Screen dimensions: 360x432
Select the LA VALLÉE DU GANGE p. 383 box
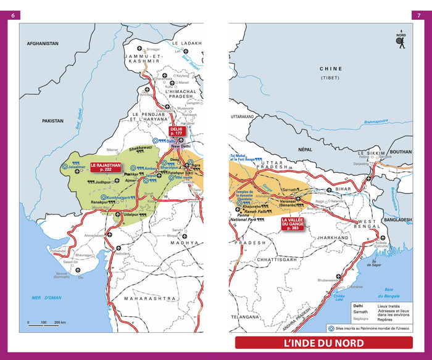tap(293, 224)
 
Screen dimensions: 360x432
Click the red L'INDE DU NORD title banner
tap(323, 343)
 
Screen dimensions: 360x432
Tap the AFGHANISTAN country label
tap(42, 44)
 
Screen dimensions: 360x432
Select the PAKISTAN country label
tap(54, 122)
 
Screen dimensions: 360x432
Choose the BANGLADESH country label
tap(397, 219)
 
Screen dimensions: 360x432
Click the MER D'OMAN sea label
tap(47, 298)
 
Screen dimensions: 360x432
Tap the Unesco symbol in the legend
tap(331, 329)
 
